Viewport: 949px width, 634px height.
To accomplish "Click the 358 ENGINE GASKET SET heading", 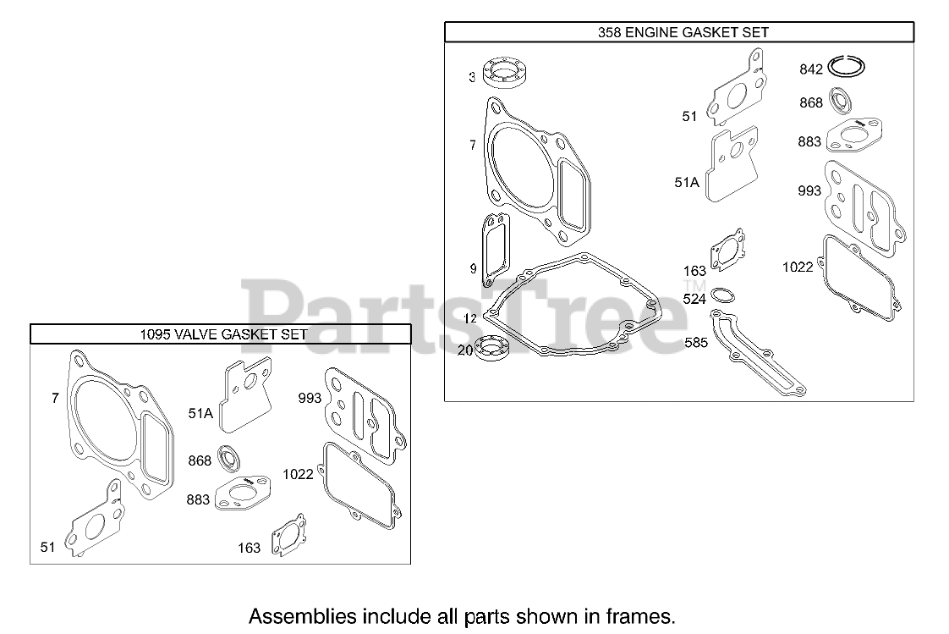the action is (x=679, y=32).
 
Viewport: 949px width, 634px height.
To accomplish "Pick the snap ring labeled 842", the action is (x=848, y=67).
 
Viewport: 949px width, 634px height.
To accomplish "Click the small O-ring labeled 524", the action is (x=721, y=296).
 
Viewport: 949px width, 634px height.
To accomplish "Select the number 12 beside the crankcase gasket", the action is (x=471, y=319).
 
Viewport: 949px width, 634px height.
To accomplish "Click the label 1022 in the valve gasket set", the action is (x=299, y=473).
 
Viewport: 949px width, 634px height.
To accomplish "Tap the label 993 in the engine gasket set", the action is (x=809, y=191).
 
